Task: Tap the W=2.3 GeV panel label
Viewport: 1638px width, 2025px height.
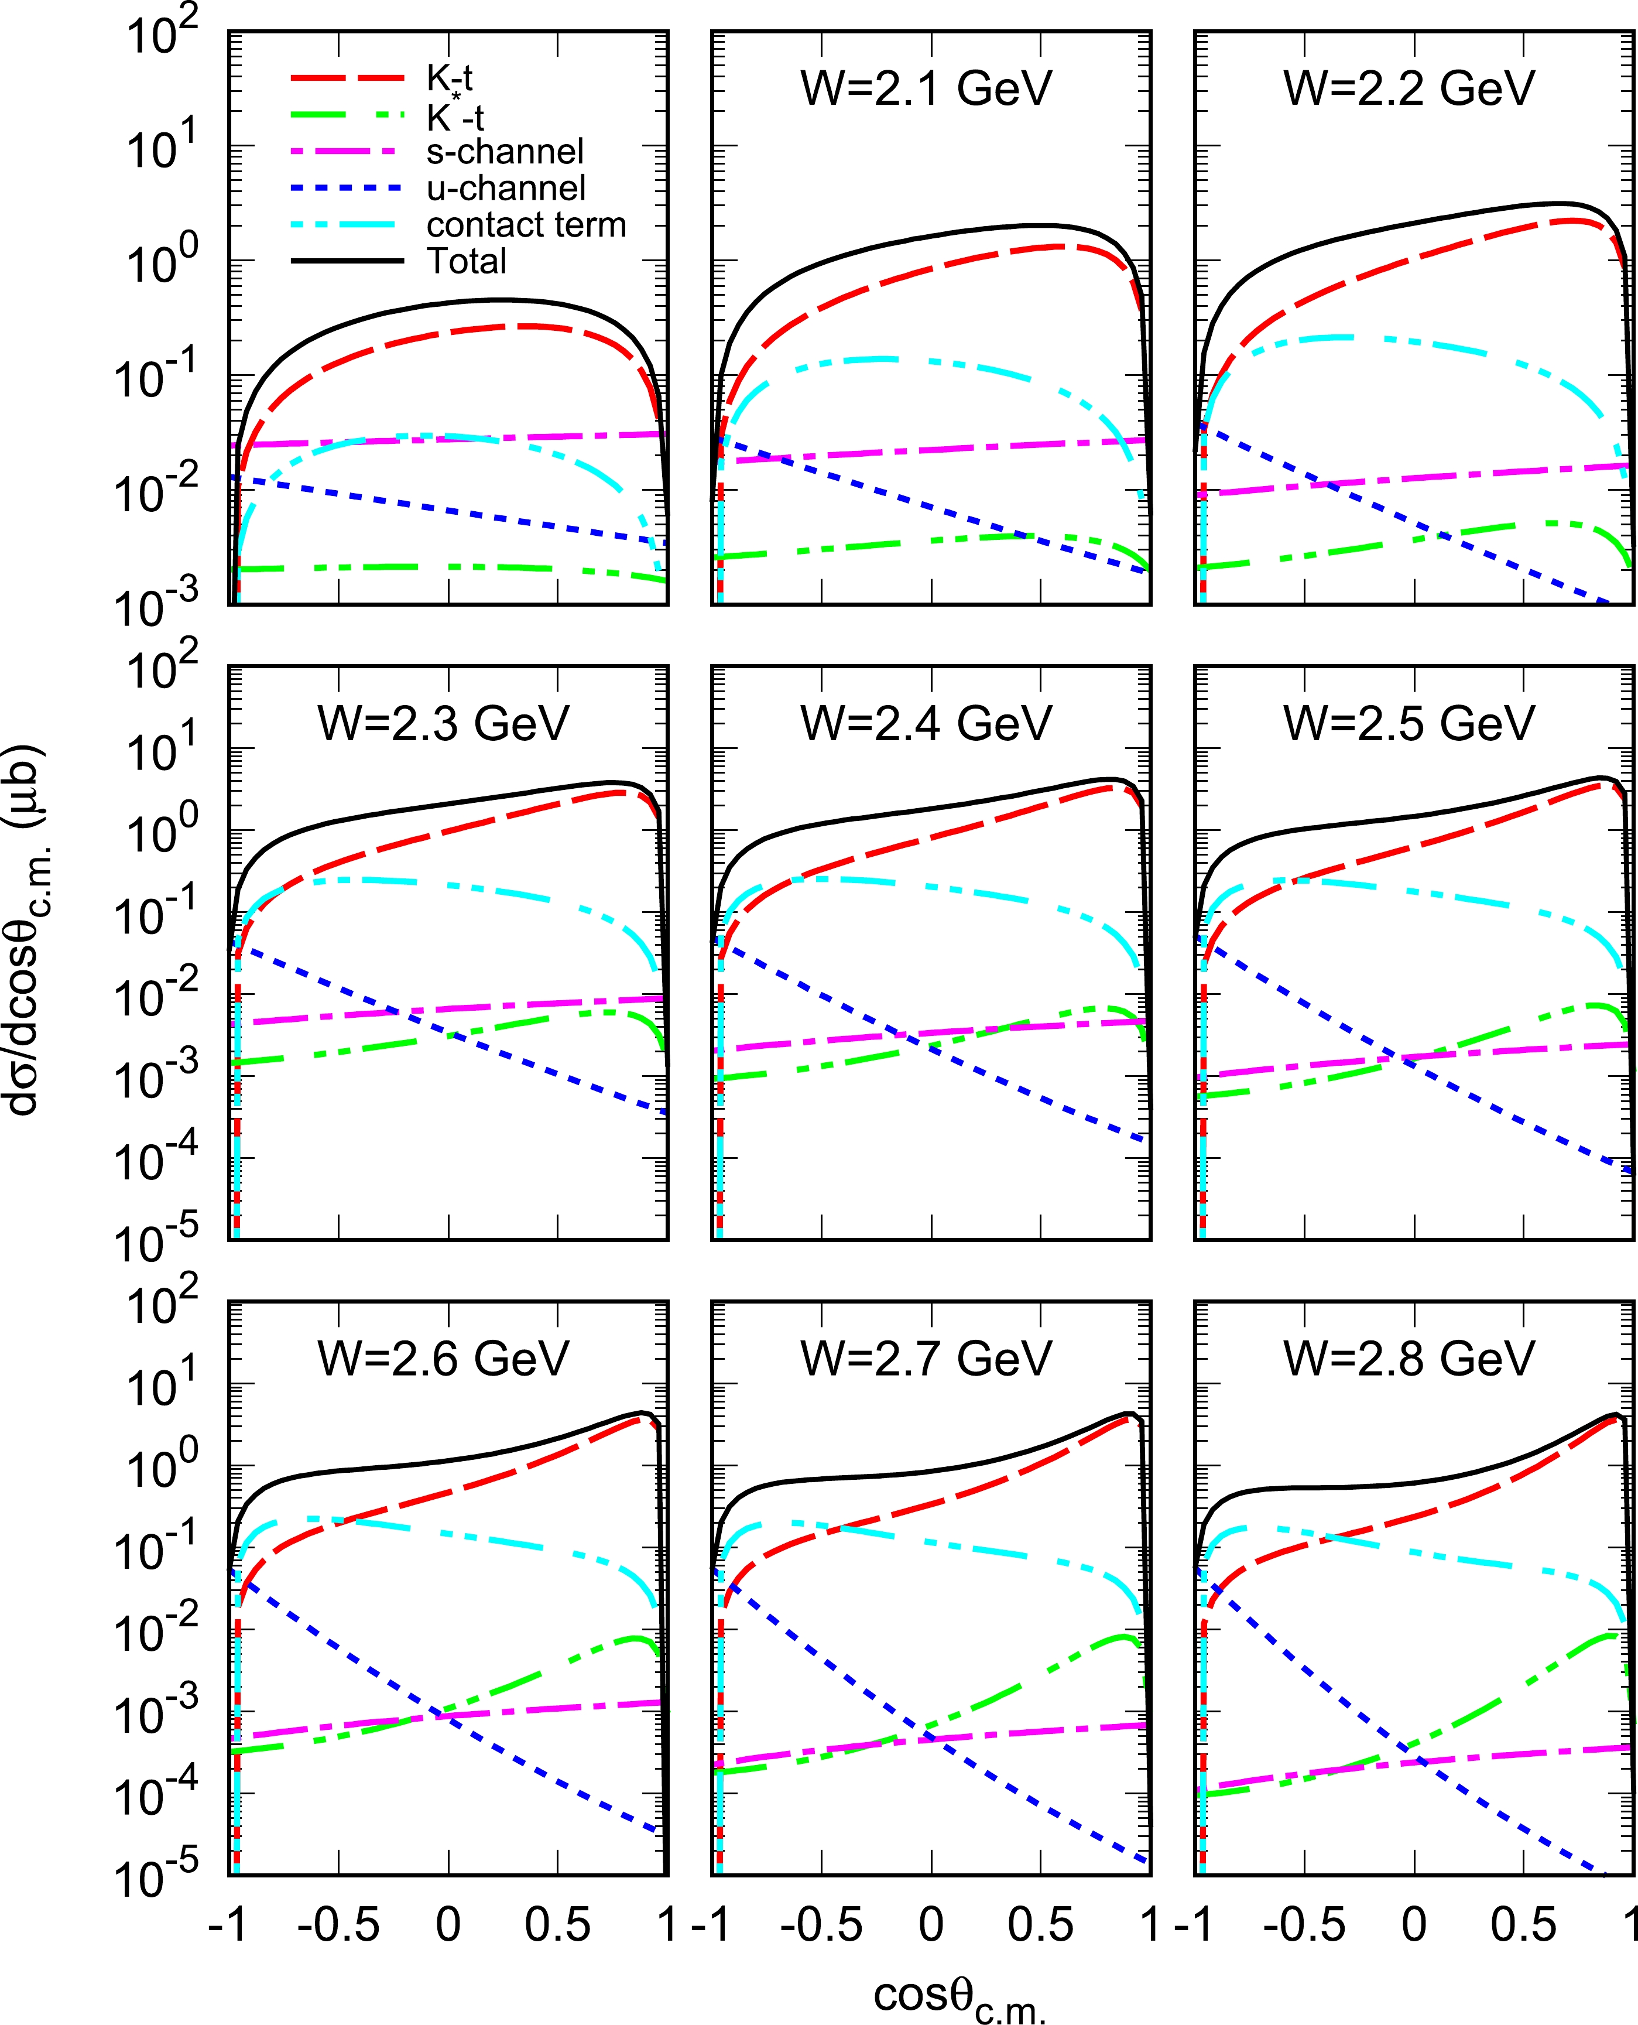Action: (444, 724)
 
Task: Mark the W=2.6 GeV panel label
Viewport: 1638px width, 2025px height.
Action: (444, 1359)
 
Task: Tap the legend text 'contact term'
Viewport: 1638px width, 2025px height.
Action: (526, 225)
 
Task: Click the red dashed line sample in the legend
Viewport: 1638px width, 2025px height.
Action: (347, 79)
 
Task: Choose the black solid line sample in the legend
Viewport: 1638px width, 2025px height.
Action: (347, 261)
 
